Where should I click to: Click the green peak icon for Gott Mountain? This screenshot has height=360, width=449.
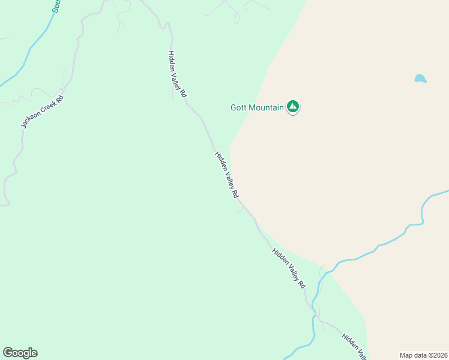click(x=293, y=107)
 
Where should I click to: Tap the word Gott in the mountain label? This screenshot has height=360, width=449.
click(x=239, y=109)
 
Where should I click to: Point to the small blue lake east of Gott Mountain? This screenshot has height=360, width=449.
click(x=420, y=79)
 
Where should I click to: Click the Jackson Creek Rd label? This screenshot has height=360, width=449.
click(x=42, y=112)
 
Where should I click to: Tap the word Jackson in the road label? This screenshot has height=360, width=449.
click(x=32, y=121)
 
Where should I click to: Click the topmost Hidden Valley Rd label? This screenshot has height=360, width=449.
click(x=178, y=74)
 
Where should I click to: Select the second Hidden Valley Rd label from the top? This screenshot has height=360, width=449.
click(x=227, y=175)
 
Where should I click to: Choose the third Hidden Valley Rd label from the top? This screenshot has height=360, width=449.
click(x=289, y=268)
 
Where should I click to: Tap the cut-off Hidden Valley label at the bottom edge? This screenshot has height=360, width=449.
click(x=354, y=346)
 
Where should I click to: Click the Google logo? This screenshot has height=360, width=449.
click(x=20, y=353)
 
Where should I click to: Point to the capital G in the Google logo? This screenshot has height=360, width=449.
click(x=8, y=353)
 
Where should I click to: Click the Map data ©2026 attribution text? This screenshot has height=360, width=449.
click(x=424, y=355)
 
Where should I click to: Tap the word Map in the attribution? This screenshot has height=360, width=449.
click(x=406, y=355)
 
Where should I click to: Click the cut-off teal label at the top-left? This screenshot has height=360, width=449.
click(x=56, y=5)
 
